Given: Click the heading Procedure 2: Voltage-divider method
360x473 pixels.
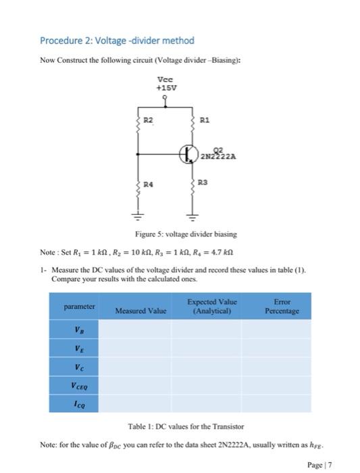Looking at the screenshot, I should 117,41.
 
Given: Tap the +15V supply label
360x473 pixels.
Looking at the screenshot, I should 165,87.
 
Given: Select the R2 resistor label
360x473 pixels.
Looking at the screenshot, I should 149,120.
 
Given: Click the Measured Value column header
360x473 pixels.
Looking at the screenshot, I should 140,311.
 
